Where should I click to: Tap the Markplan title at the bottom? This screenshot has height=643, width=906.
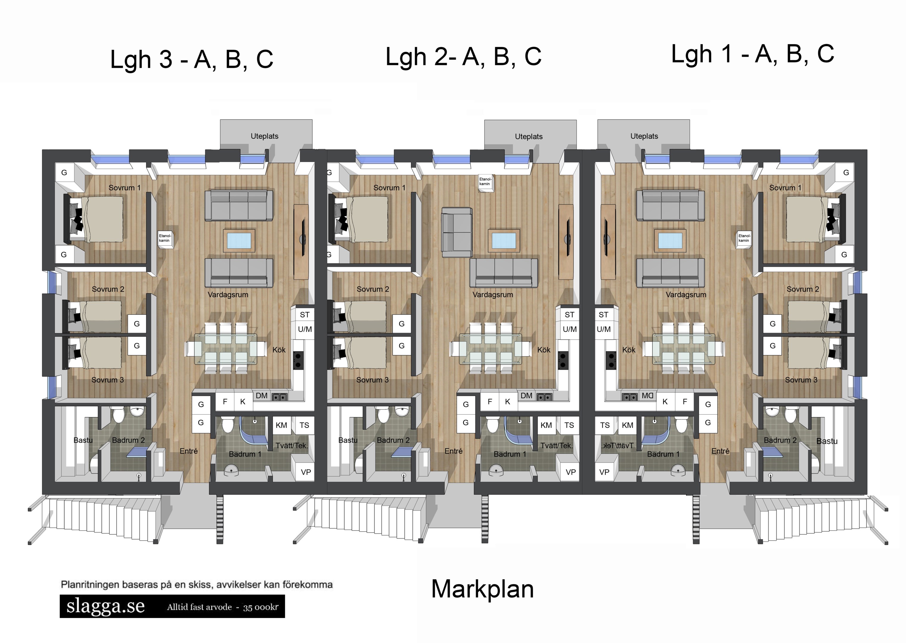click(482, 589)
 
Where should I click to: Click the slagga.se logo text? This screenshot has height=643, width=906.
click(106, 606)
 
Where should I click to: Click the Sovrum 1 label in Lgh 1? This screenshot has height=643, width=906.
click(785, 188)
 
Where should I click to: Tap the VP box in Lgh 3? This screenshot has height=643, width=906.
click(305, 472)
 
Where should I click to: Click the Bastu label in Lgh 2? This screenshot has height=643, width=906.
click(347, 440)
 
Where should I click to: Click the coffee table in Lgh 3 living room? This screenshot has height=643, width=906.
click(239, 240)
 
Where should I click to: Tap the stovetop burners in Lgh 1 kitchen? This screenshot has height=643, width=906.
click(611, 360)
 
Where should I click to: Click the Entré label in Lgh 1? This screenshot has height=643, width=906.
click(720, 451)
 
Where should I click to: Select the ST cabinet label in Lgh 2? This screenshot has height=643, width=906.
click(569, 315)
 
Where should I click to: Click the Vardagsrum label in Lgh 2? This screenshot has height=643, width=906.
click(492, 295)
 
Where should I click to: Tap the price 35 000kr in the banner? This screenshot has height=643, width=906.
click(260, 607)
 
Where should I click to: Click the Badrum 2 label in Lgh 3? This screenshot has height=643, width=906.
click(128, 440)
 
